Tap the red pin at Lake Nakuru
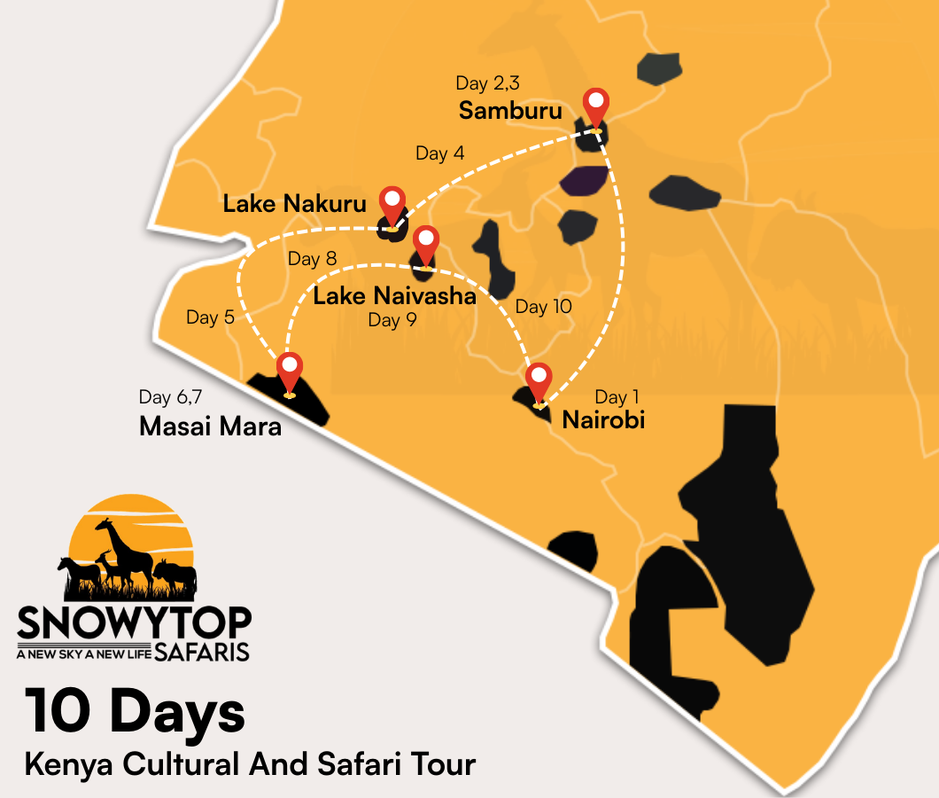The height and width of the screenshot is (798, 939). (391, 205)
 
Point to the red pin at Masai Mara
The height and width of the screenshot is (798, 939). (290, 370)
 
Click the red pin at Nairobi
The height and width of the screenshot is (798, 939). (539, 380)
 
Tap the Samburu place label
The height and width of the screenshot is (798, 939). (510, 111)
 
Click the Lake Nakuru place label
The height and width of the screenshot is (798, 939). (294, 204)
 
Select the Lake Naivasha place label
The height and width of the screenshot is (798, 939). (394, 296)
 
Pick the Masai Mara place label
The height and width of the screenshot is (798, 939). (210, 426)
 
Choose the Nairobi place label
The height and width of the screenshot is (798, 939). (603, 419)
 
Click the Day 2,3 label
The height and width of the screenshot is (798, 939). (487, 83)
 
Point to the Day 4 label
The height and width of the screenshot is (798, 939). (439, 153)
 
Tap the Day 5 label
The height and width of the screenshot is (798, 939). (210, 317)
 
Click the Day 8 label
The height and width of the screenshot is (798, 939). (312, 259)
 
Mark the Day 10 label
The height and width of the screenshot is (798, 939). (543, 307)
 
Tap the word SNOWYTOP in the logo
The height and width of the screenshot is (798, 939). (134, 624)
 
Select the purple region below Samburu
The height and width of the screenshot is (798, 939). (583, 180)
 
